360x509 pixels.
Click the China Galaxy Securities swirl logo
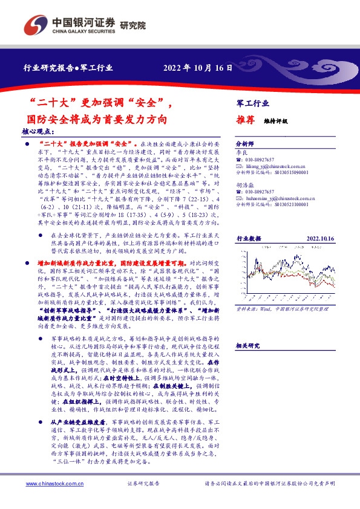(x=36, y=26)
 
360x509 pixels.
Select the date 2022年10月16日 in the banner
(x=198, y=68)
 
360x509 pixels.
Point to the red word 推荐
(x=244, y=120)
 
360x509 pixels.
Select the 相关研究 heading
(x=248, y=345)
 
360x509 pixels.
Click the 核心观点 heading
(x=38, y=131)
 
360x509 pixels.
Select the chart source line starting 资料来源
(x=284, y=291)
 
